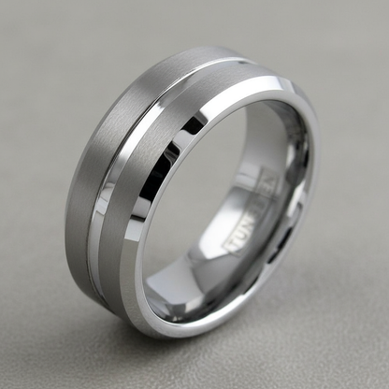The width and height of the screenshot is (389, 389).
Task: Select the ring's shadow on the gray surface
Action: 281,327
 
